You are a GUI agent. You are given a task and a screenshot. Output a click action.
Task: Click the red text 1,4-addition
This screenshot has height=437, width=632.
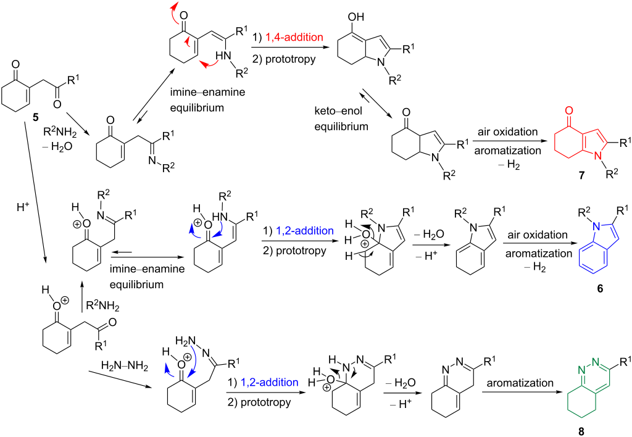(294, 38)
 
